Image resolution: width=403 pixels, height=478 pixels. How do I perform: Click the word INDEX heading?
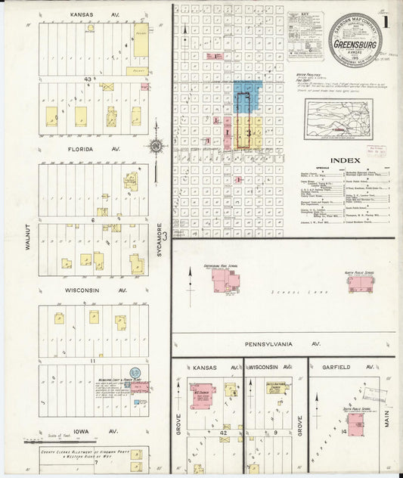346,160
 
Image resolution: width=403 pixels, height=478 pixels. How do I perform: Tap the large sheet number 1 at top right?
386,22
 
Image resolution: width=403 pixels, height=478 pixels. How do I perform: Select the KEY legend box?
305,36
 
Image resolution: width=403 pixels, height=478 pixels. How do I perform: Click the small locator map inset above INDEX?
339,119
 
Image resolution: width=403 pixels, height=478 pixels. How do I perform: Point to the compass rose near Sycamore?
157,147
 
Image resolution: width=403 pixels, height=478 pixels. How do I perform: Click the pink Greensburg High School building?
225,281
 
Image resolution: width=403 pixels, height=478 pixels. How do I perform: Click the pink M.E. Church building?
202,396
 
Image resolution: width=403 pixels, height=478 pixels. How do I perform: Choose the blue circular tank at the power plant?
135,373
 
